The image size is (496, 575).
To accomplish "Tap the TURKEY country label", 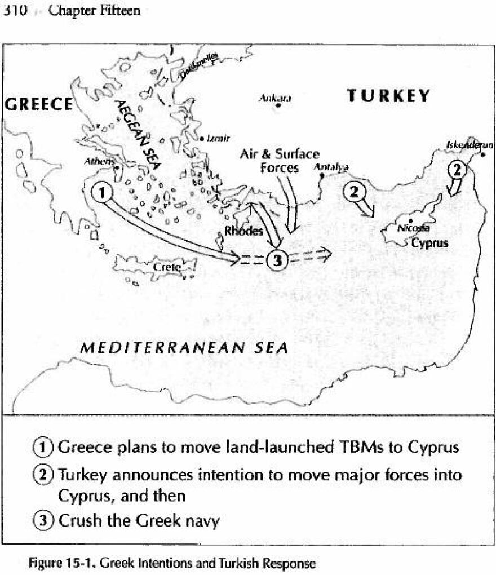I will tap(388, 96).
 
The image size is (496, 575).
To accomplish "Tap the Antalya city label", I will tap(330, 167).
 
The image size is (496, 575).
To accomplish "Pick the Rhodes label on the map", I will tap(243, 231).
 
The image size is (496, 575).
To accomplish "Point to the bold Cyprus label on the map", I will tap(429, 244).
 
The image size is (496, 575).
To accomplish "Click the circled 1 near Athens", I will tap(102, 193).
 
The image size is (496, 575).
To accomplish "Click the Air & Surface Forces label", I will tap(280, 161).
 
